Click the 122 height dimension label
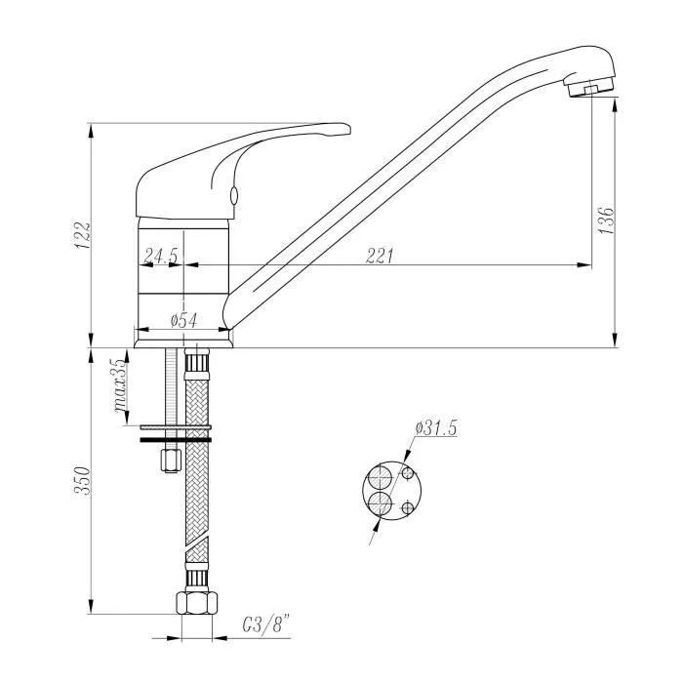[x=82, y=235]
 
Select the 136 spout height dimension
[x=606, y=221]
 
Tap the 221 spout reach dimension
[x=380, y=256]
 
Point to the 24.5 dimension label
[x=161, y=256]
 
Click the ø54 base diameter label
[x=183, y=321]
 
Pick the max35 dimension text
[x=122, y=386]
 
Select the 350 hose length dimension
[x=82, y=481]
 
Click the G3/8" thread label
[x=266, y=626]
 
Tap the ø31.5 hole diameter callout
[x=436, y=428]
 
